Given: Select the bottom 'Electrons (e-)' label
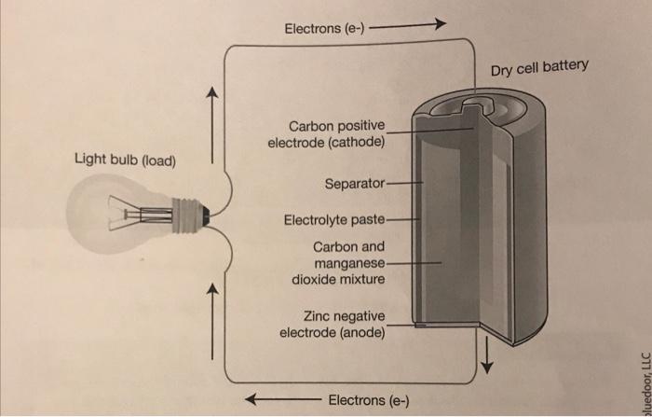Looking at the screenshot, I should (369, 400).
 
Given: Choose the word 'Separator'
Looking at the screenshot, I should (354, 183).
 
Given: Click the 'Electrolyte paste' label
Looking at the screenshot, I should (334, 221).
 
